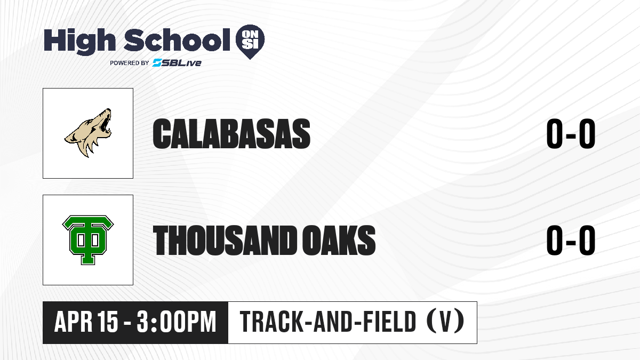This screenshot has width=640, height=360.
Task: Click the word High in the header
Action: click(x=79, y=42)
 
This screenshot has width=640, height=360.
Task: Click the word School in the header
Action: click(x=177, y=39)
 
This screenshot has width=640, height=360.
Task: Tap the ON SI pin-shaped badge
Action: click(x=250, y=42)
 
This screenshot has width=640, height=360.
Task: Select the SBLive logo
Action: click(x=177, y=63)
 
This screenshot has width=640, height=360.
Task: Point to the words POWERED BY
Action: click(x=130, y=63)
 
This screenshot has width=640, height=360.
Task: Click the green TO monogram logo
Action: click(x=88, y=240)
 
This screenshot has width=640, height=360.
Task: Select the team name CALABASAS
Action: click(x=231, y=134)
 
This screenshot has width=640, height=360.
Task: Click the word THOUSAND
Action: click(x=225, y=240)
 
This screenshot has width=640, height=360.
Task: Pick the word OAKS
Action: click(x=339, y=240)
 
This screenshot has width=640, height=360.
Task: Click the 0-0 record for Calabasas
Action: click(x=571, y=134)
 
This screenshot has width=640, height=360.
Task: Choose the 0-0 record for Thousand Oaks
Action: click(x=571, y=240)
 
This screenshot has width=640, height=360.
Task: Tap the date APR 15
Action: click(x=86, y=322)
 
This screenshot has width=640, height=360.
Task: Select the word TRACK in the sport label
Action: click(x=271, y=322)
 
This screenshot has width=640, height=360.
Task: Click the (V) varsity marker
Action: click(x=445, y=321)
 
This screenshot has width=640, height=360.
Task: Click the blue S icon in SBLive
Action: click(x=157, y=63)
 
